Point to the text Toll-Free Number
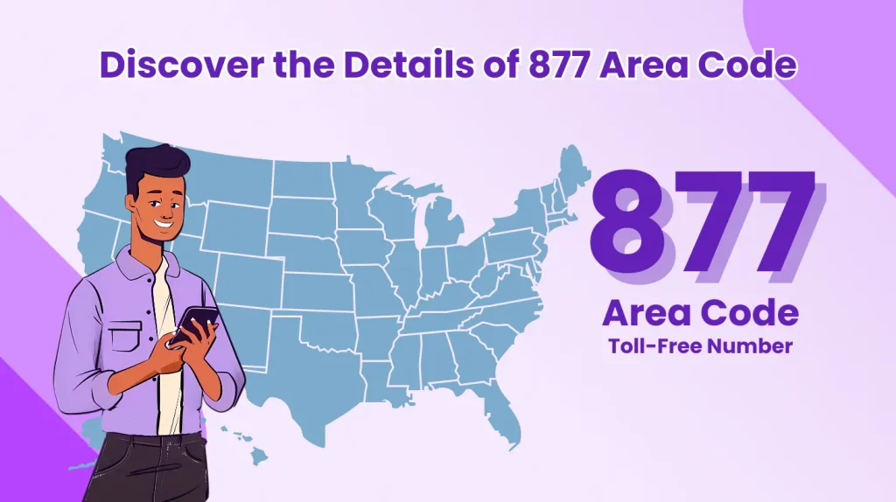coord(700,346)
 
